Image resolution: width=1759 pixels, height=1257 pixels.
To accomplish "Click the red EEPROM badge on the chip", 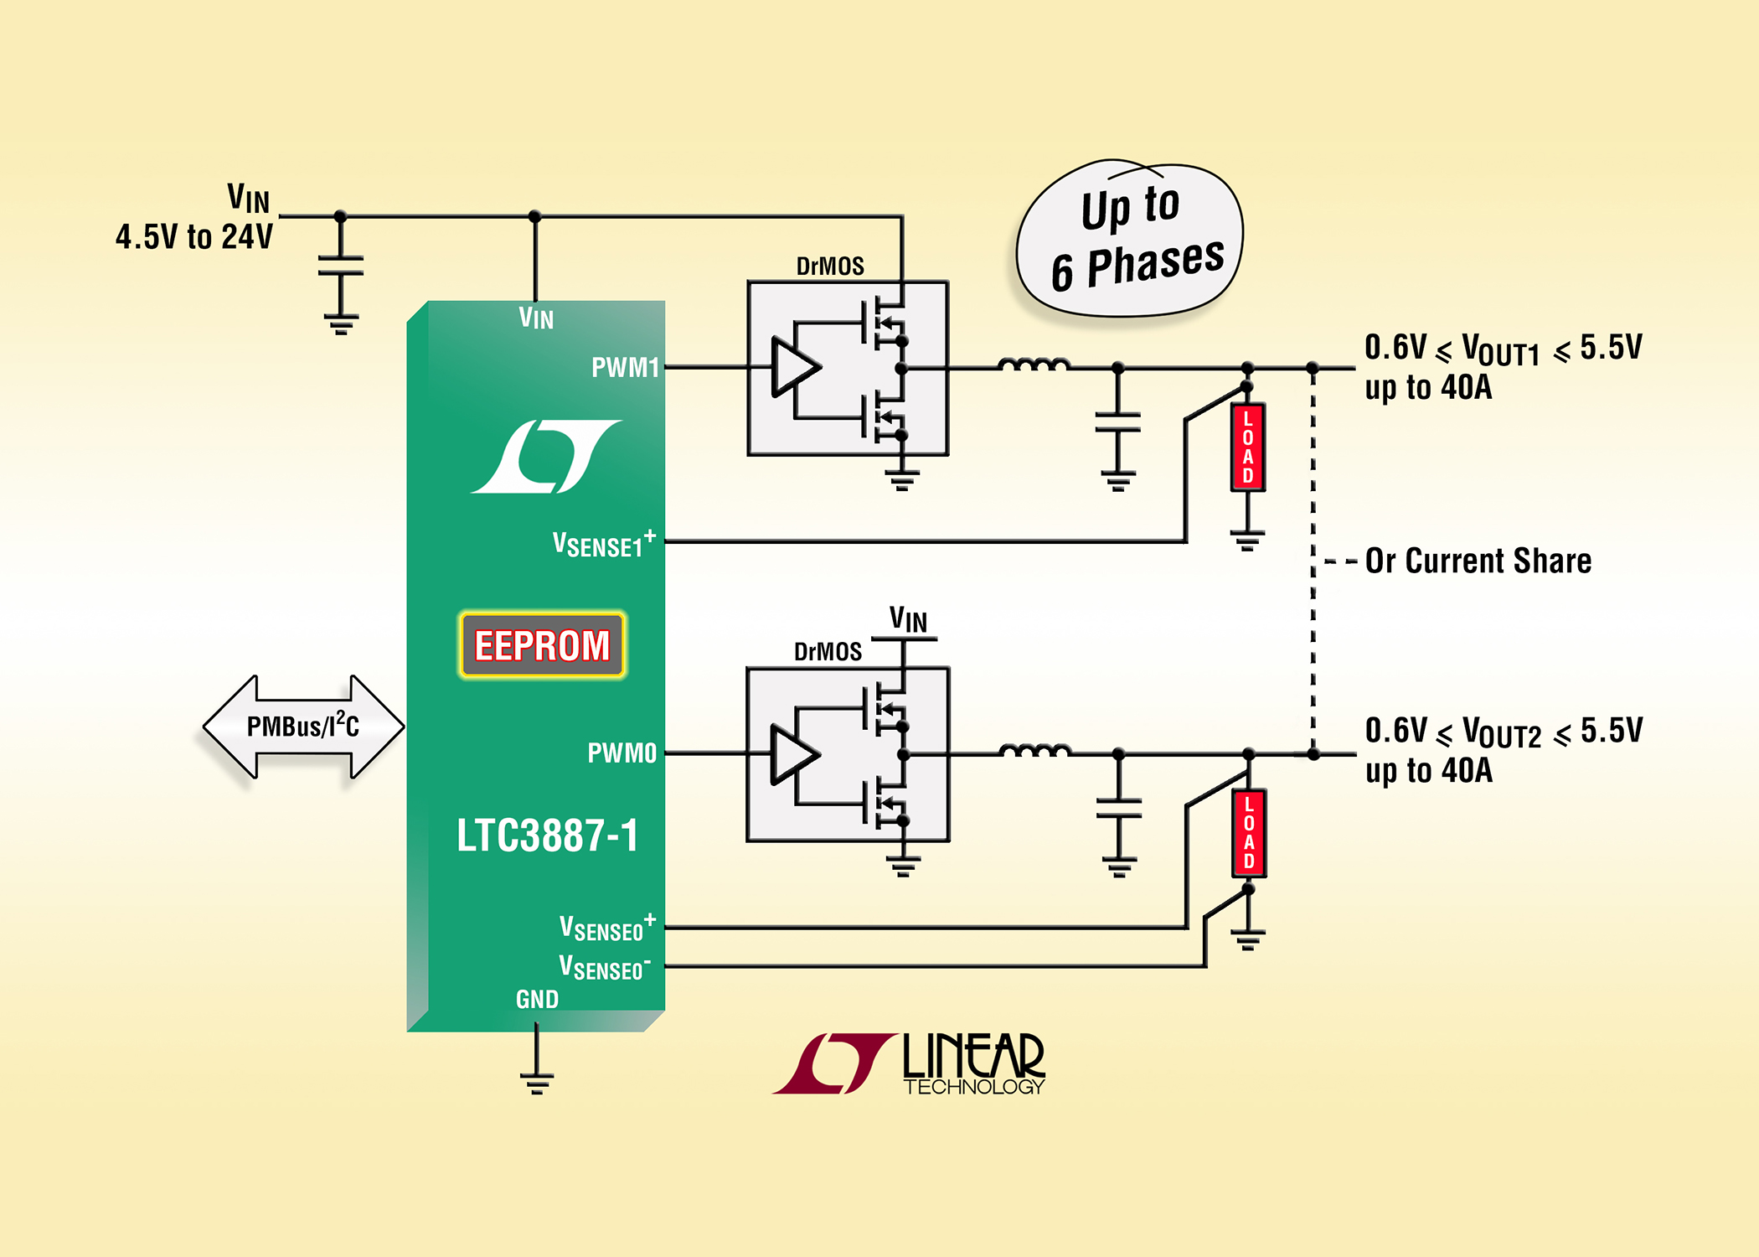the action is tap(542, 644).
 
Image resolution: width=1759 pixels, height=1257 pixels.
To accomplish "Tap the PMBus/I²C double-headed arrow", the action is tap(303, 727).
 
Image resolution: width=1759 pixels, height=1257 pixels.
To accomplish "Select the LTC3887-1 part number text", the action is tap(547, 835).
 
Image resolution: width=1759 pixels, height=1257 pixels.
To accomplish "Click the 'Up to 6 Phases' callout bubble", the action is tap(1130, 238).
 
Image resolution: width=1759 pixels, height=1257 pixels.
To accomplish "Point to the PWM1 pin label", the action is tap(625, 367).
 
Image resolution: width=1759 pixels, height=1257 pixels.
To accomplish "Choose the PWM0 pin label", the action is tap(622, 753).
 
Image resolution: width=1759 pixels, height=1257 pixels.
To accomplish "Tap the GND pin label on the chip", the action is tap(537, 999).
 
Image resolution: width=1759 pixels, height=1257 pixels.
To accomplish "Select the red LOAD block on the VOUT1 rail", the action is tap(1247, 447).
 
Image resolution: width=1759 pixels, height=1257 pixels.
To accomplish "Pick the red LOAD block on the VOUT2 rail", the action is tap(1248, 833).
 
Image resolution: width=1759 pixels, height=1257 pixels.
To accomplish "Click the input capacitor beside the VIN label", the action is tap(340, 266).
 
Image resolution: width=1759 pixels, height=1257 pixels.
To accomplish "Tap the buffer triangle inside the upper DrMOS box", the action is tap(794, 367).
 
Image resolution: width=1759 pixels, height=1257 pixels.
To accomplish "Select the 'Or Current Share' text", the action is tap(1478, 561).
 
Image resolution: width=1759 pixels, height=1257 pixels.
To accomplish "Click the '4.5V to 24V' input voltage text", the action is tap(194, 237).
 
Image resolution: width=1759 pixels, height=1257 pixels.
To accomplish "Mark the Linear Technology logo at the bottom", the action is tap(909, 1063).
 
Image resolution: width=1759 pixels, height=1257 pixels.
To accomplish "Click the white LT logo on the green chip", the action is tap(546, 456).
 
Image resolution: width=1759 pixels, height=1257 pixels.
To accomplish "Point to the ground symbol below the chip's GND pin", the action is tap(536, 1083).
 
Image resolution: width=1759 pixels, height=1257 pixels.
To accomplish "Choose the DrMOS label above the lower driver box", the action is tap(828, 651).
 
